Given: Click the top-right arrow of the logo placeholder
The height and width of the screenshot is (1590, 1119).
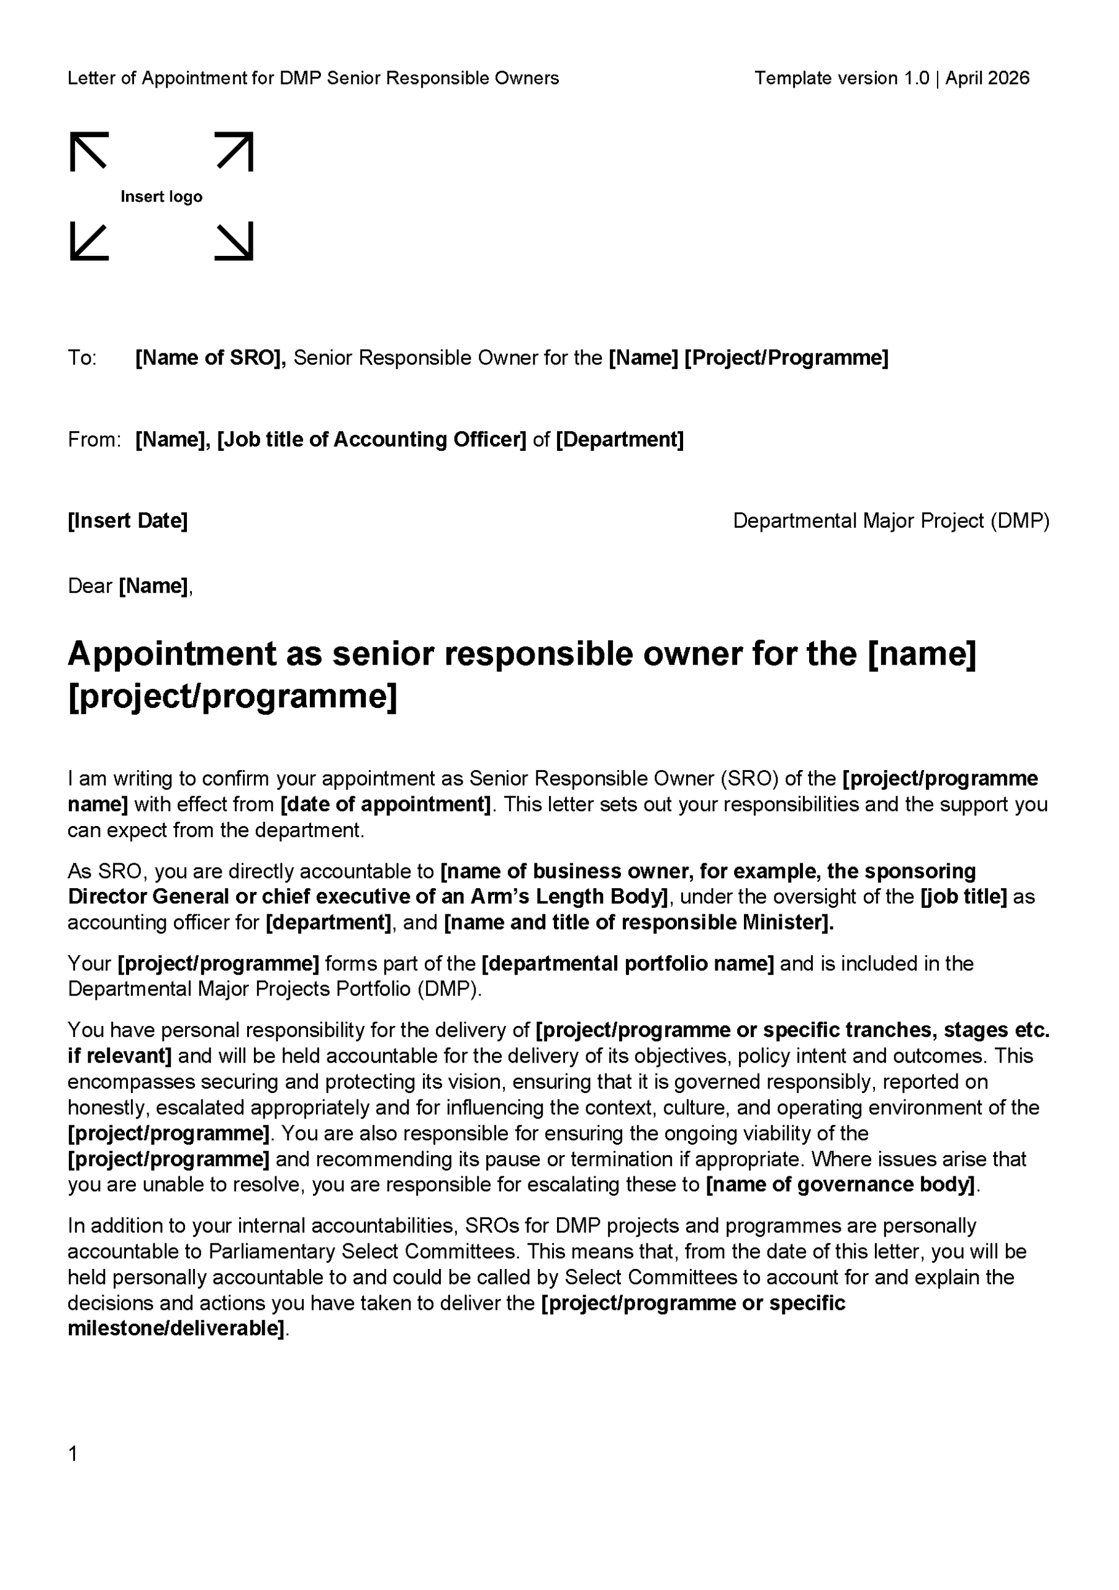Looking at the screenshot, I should point(235,151).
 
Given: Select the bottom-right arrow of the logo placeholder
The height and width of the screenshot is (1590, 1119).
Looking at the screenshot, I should point(235,242).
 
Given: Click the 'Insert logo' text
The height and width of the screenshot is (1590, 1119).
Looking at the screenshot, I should point(161,197).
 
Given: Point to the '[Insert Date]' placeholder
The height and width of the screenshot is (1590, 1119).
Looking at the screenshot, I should point(127,520).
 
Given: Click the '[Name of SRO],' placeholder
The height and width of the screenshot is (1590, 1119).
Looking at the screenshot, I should point(211,358).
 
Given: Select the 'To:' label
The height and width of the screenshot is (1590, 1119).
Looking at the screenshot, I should point(82,358).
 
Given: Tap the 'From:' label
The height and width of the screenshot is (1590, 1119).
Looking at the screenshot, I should point(94,440).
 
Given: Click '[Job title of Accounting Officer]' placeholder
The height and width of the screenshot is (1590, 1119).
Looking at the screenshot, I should point(372,440).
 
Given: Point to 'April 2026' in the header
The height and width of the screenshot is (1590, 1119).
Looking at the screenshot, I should point(987,78).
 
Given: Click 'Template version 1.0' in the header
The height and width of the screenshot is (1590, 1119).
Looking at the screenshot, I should point(841,78).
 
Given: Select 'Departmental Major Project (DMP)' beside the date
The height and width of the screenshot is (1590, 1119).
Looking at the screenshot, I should point(891,520).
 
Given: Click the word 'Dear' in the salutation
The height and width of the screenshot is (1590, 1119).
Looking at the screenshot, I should point(89,586).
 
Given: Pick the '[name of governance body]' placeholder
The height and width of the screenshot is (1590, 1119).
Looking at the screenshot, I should point(840,1185).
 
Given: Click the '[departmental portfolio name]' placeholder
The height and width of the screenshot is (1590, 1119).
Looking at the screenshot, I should point(627,964).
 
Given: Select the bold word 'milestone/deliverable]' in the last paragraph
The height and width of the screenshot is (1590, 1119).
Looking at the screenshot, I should point(176,1329).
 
